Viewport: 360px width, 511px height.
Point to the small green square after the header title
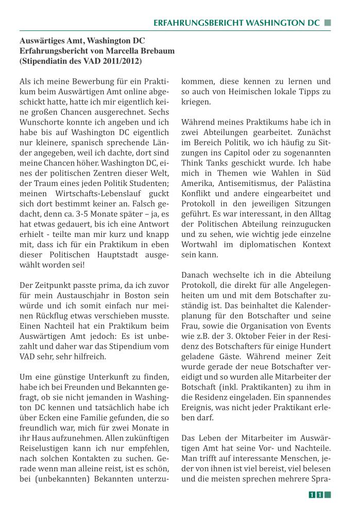click(327, 23)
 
